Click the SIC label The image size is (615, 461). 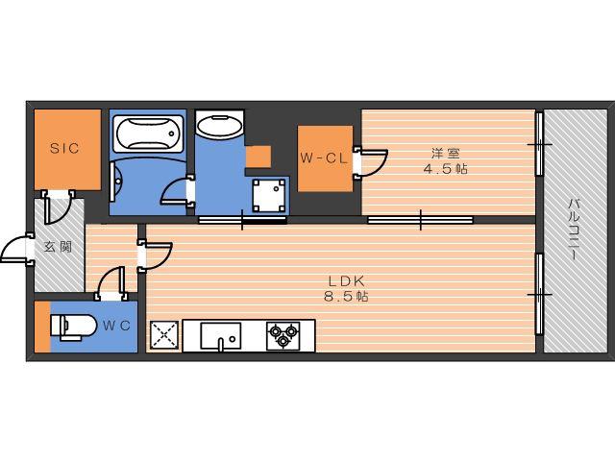click(64, 148)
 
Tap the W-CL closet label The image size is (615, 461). click(325, 158)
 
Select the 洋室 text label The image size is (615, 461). click(445, 152)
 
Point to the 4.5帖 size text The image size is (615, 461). click(445, 169)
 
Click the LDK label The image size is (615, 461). click(346, 280)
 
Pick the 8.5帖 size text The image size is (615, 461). click(346, 297)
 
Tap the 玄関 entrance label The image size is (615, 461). click(58, 247)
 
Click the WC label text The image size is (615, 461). click(116, 326)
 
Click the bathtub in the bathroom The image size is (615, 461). click(148, 133)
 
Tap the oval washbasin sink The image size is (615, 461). click(219, 126)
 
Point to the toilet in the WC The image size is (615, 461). click(73, 327)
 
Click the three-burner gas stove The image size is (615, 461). click(283, 336)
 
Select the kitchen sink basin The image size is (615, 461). click(221, 336)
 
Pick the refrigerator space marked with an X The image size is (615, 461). click(164, 335)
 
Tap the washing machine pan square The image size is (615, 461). click(269, 195)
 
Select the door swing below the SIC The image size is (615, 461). click(59, 206)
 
